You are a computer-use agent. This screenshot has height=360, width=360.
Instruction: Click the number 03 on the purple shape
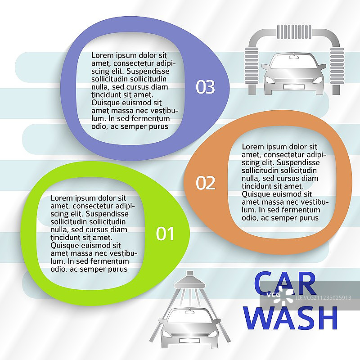pos(205,87)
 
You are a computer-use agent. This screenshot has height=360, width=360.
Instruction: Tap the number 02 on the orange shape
pos(206,183)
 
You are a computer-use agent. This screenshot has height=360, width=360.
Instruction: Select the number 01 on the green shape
pos(165,234)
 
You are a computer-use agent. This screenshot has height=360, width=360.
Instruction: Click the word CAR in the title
pos(285,283)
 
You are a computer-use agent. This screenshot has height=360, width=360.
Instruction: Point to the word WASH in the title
pos(290,318)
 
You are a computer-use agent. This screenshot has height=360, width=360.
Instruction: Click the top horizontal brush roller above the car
pos(294,32)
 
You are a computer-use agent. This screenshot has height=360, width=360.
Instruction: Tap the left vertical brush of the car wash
pos(252,66)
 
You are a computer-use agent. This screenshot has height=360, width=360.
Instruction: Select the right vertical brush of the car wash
pos(337,66)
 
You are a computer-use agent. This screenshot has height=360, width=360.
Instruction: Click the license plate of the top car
pos(294,87)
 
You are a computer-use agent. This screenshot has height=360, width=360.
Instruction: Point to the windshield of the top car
pos(294,62)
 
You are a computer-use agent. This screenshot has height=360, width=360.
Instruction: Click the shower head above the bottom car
pos(189,280)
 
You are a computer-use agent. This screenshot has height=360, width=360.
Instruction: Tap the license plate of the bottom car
pos(189,341)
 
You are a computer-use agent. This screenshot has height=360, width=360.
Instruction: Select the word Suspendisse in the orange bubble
pos(298,162)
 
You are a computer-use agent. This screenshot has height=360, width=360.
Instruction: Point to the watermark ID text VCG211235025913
pos(323,298)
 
